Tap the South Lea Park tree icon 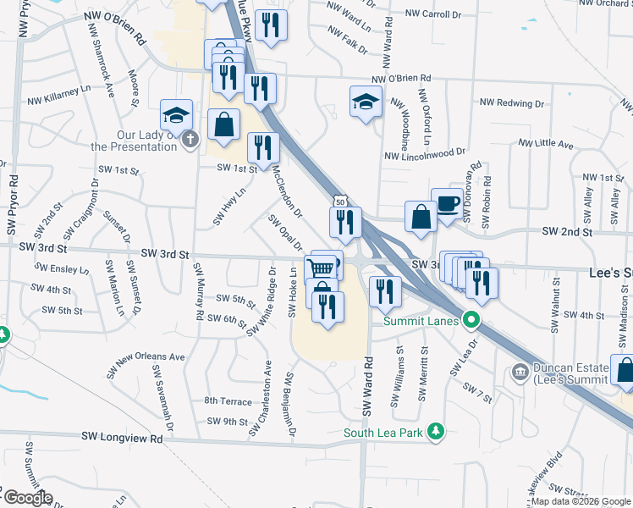click(436, 432)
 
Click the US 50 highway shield click(339, 202)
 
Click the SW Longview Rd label click(122, 438)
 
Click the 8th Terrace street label click(228, 400)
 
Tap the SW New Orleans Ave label click(146, 364)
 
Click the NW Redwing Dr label click(511, 102)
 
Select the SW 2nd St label click(565, 230)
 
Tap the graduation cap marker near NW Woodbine click(365, 102)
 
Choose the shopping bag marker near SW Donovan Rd click(421, 218)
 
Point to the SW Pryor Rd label click(14, 204)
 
